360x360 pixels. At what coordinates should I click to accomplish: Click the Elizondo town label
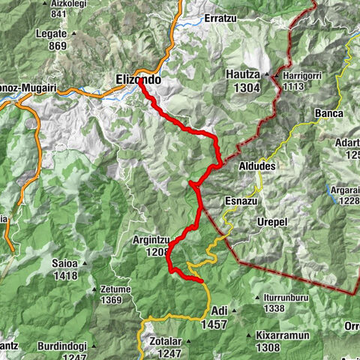tap(139, 77)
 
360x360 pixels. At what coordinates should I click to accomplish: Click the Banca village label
tap(328, 113)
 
